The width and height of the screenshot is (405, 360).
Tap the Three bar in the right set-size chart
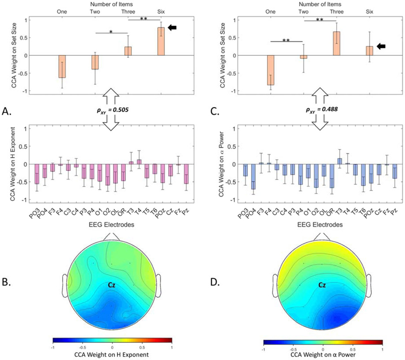tap(337, 43)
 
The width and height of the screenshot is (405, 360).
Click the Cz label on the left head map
tap(112, 285)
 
